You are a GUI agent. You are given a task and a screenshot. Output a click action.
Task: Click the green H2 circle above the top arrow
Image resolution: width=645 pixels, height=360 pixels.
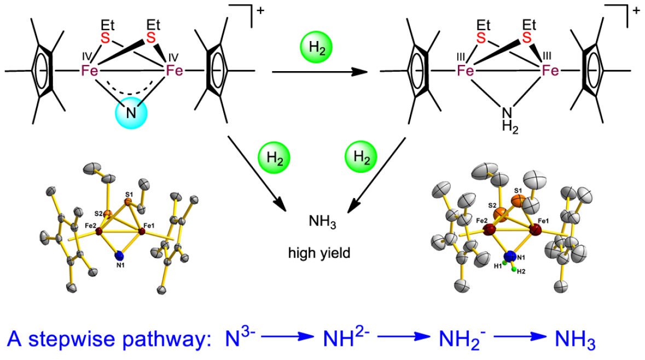(x=316, y=48)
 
